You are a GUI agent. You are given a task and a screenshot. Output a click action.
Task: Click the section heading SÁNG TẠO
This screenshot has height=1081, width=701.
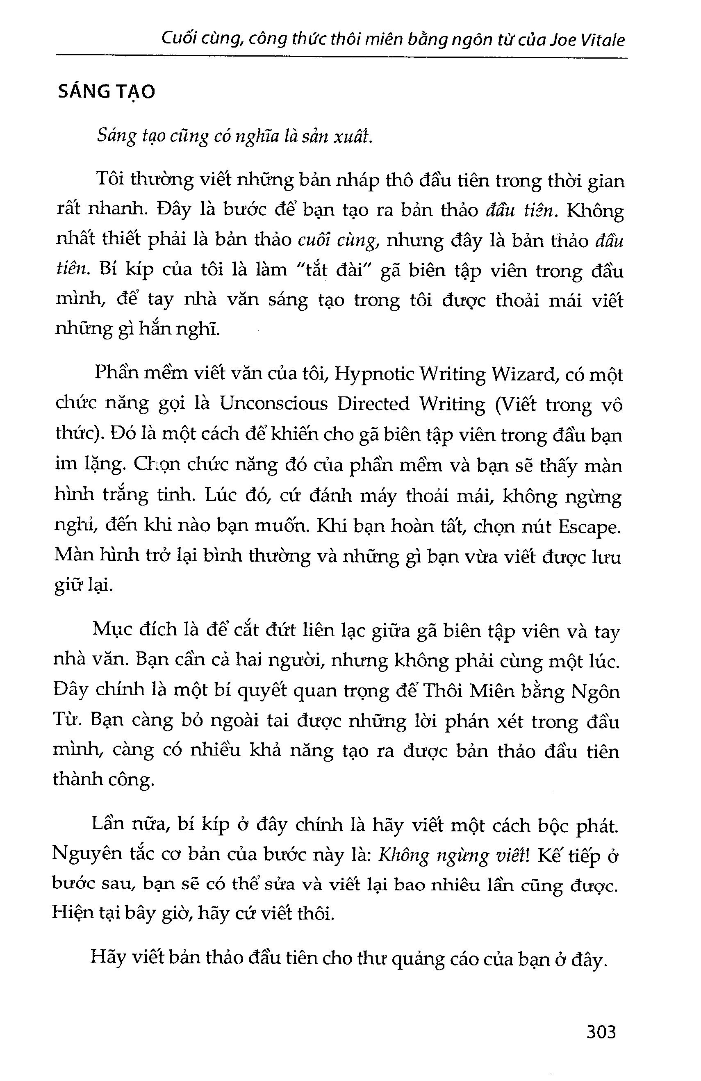click(x=107, y=92)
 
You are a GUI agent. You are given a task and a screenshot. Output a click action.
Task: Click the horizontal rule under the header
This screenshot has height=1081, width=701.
click(x=341, y=57)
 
